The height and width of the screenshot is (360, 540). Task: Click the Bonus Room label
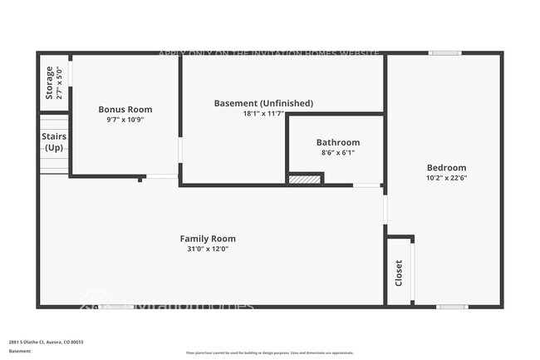[125, 109]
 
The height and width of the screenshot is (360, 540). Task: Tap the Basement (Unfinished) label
[263, 103]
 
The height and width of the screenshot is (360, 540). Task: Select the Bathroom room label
[337, 142]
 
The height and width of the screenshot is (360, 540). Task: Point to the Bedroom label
[446, 167]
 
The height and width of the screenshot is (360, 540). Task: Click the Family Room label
[208, 239]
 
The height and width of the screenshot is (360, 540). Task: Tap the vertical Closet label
[399, 273]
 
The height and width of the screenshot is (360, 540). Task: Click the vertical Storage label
[49, 82]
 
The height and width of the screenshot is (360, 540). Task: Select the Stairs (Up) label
[54, 141]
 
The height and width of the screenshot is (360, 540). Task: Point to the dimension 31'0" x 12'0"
[208, 249]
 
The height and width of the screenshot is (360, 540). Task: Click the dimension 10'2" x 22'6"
[446, 177]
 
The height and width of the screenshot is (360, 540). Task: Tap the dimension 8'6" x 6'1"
[337, 152]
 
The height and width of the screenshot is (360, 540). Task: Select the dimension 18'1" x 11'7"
[263, 113]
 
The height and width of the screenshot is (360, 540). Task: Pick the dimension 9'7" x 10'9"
[125, 119]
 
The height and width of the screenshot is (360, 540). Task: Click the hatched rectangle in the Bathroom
[304, 179]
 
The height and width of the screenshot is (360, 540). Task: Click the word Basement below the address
[20, 352]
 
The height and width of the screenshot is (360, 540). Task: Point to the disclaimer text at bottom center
[269, 353]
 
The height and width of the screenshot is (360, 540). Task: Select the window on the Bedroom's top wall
[444, 54]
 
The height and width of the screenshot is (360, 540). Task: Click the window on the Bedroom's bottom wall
[452, 307]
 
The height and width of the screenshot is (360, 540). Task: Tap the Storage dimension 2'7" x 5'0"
[59, 82]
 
